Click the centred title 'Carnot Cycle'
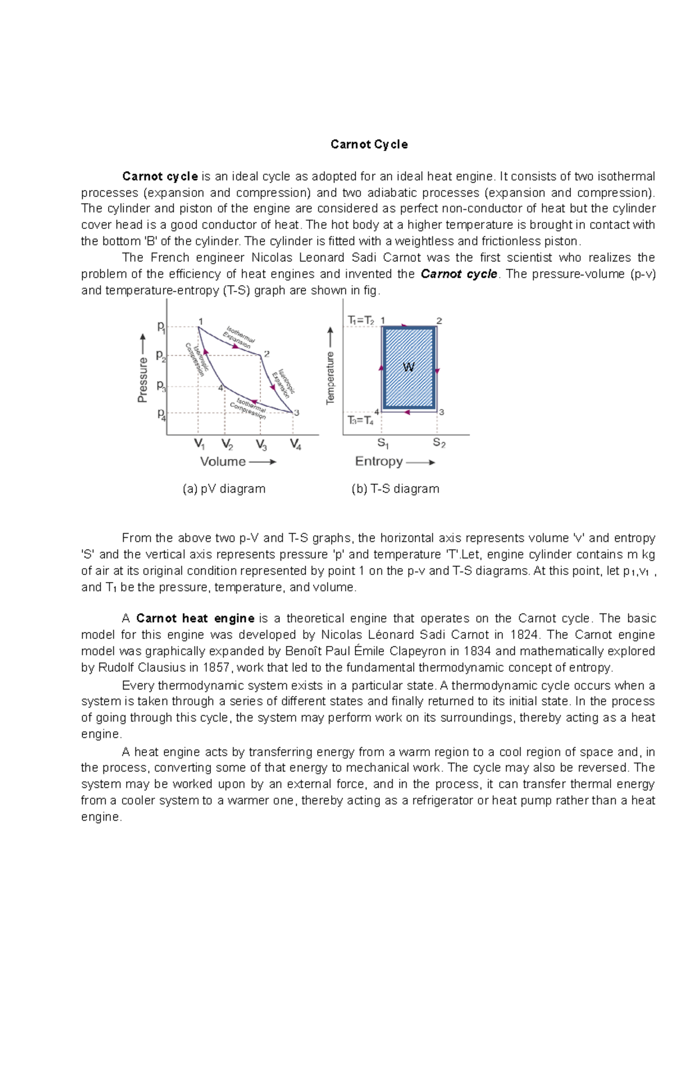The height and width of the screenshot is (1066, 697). pos(369,145)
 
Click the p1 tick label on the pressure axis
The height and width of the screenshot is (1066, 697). pos(161,328)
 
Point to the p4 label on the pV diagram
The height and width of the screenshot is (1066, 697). pos(161,414)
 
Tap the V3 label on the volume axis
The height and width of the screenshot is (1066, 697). pos(261,445)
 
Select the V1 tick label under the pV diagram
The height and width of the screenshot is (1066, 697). pos(199,445)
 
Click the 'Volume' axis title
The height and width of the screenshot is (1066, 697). pos(223,462)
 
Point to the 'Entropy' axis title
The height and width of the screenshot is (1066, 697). pos(379,462)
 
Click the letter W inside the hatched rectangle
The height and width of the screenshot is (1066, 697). pos(408,367)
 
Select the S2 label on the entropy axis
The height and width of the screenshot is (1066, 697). pos(439,444)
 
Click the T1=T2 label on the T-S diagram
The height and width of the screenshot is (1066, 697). pos(361,320)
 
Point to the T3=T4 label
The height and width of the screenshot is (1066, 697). pos(360,420)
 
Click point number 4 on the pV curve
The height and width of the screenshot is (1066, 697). pos(221,387)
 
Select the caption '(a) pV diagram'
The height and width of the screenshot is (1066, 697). pos(224,489)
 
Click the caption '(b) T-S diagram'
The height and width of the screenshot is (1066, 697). pos(395,489)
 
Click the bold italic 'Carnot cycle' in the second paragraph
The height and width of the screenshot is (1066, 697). pos(459,274)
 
